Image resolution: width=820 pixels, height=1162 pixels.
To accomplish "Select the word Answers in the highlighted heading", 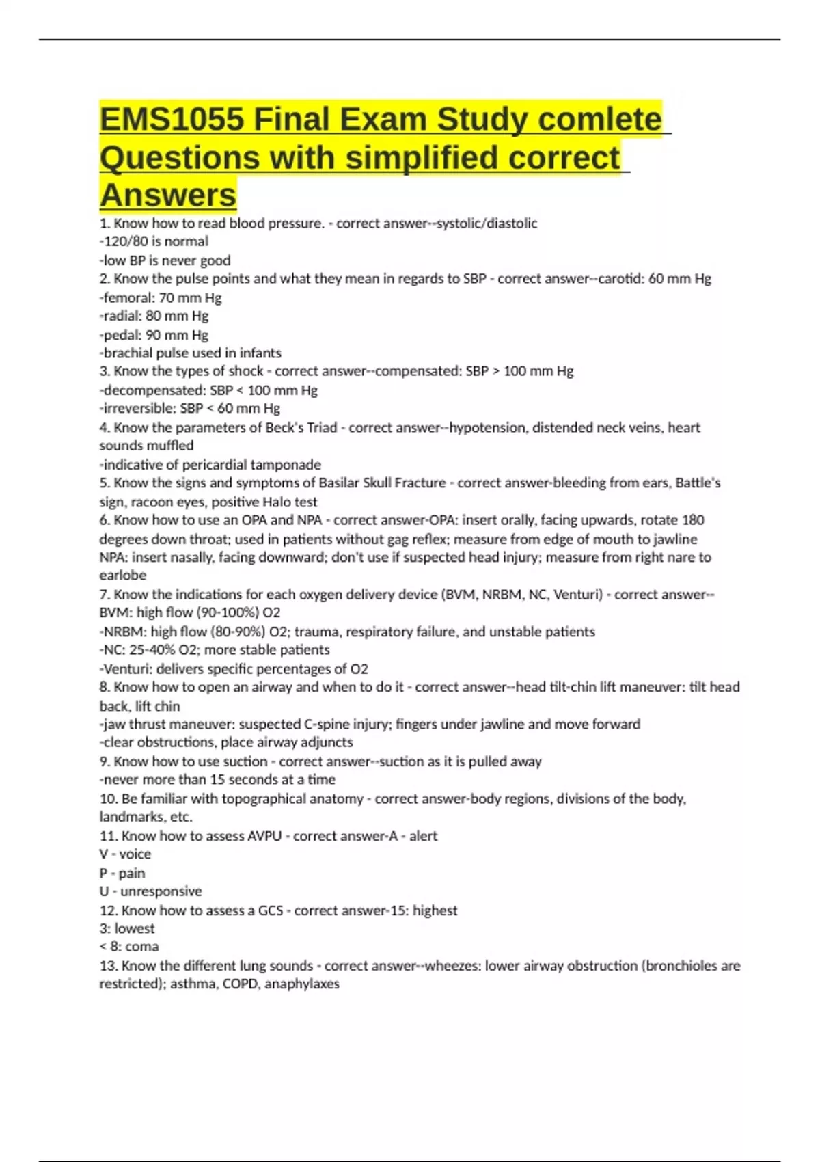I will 168,195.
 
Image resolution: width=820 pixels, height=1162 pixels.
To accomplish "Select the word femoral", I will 128,298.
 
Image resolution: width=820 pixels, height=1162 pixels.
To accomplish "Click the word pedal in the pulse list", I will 121,335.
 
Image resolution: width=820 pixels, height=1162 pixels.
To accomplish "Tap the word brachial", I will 128,353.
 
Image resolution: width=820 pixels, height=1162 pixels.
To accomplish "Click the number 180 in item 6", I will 692,520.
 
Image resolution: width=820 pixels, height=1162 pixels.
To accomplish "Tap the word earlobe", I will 123,576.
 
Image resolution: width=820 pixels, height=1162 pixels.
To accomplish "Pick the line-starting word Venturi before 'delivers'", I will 128,669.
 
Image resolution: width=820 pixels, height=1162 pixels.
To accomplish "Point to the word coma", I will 142,947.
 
